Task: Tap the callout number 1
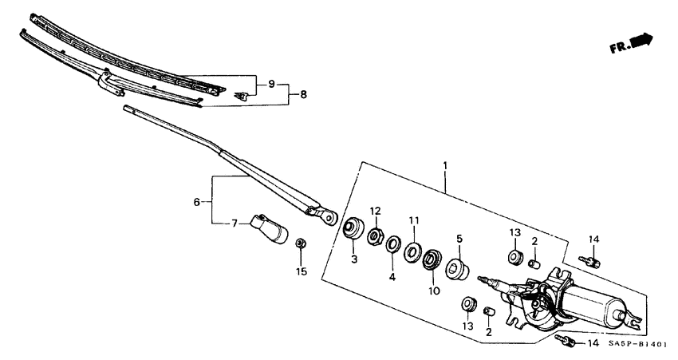[x=445, y=166]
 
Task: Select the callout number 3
[x=354, y=259]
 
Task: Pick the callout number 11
[x=413, y=220]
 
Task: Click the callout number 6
[x=196, y=203]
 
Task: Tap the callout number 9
[x=270, y=84]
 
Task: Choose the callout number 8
[x=303, y=94]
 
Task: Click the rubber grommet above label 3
[x=350, y=227]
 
